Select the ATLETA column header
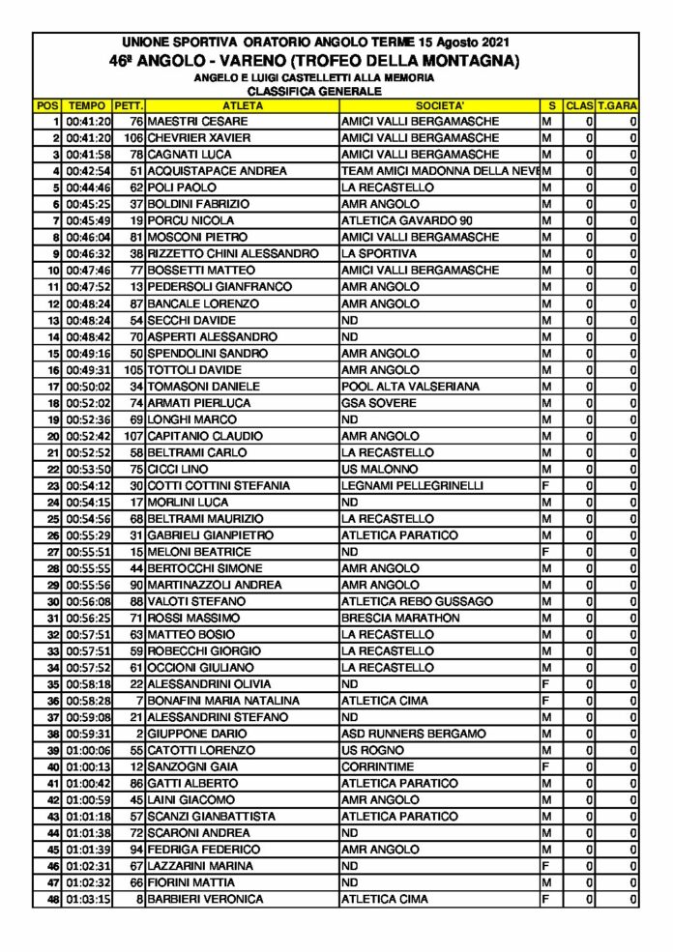241,104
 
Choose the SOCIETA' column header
439,104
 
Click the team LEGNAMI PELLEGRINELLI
412,485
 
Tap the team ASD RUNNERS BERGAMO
414,734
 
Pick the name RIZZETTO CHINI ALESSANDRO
232,254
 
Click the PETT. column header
129,104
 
